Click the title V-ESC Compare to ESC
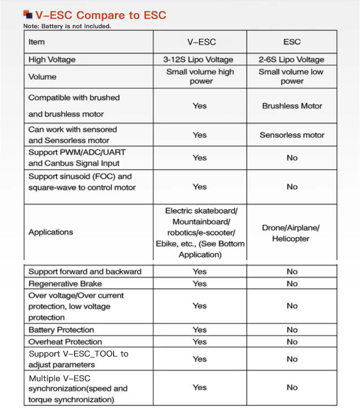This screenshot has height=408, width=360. point(101,15)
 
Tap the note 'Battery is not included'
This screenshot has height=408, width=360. point(67,26)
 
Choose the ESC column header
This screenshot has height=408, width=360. point(292,42)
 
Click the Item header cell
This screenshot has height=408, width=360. point(37,42)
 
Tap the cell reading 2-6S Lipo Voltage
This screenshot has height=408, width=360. point(291,60)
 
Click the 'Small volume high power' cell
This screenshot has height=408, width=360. point(200,77)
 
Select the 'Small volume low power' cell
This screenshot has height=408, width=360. point(291,77)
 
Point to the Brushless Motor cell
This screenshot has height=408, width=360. point(292,106)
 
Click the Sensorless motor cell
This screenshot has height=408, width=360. point(292,135)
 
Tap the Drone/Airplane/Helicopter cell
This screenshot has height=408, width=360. point(291,233)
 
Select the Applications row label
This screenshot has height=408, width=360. point(51,232)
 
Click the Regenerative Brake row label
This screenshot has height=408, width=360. point(65,283)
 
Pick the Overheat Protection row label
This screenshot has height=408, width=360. point(65,342)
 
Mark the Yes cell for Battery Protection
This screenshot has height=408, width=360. point(199,330)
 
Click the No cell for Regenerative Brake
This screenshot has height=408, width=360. point(292,283)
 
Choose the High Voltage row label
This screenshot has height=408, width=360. point(52,60)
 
